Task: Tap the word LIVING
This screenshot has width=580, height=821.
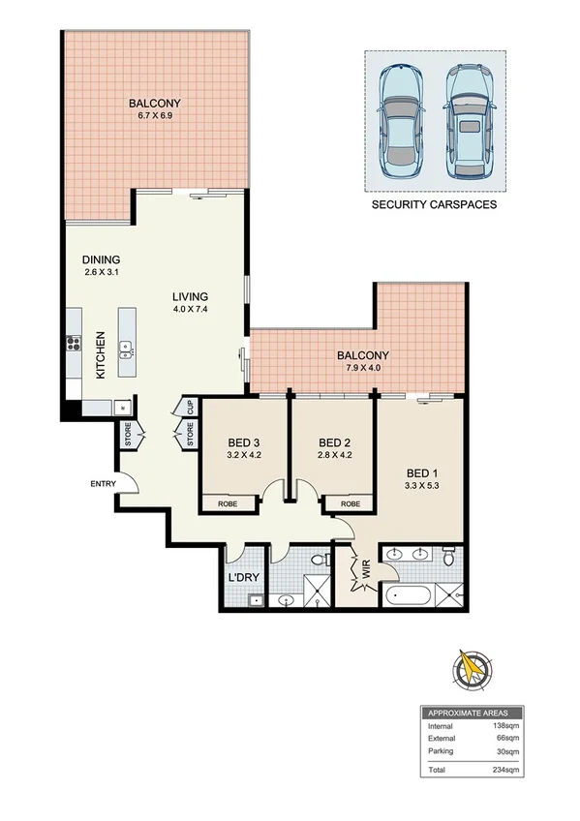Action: tap(191, 296)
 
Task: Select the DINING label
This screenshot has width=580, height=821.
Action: tap(102, 259)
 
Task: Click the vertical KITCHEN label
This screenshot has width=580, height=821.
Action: tap(99, 355)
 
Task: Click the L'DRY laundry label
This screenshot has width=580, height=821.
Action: tap(242, 579)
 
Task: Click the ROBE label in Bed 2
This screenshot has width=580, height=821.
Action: tap(351, 503)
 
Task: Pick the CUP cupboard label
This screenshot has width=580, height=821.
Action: tap(191, 407)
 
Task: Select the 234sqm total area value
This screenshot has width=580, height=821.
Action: tap(507, 769)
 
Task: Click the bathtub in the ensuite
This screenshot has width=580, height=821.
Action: tap(408, 594)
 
